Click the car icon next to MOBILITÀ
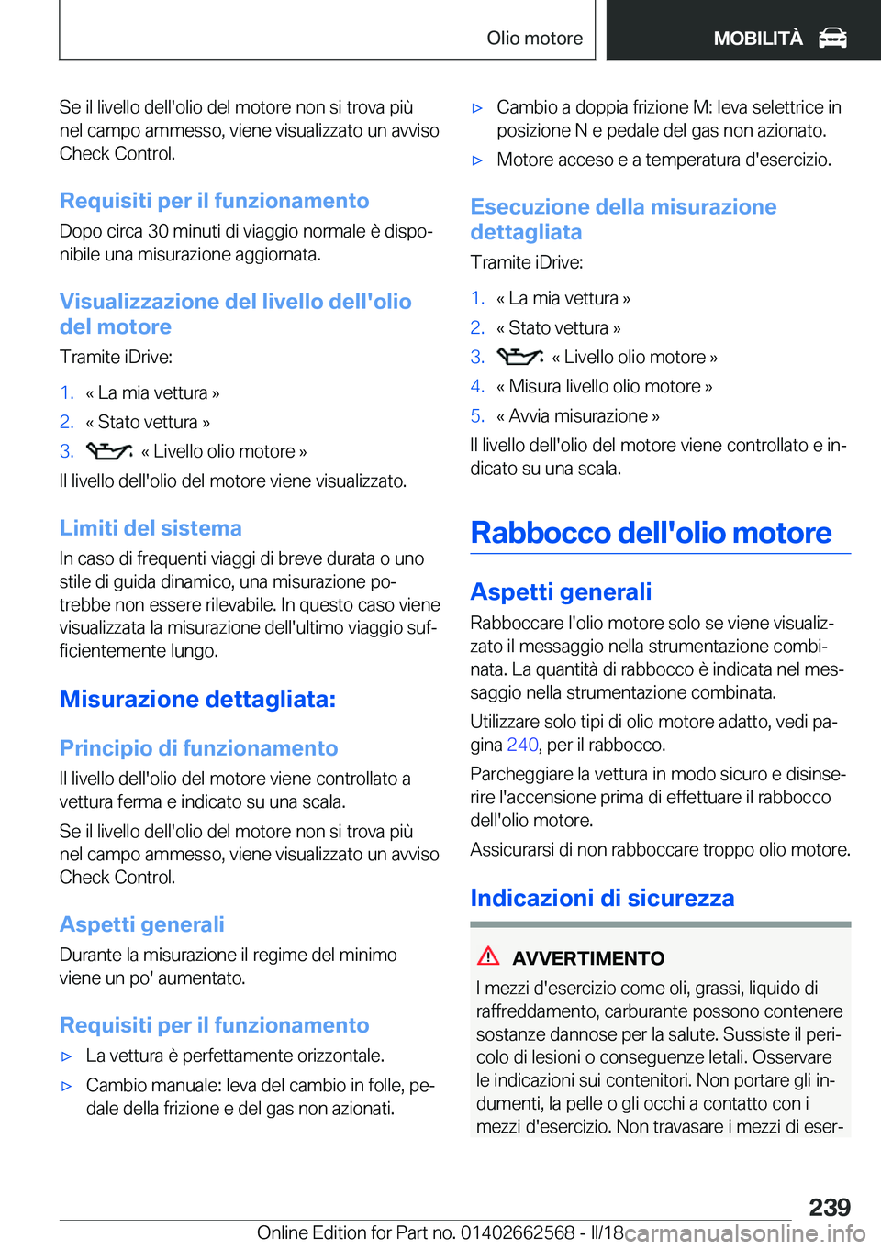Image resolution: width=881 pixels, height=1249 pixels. tap(832, 38)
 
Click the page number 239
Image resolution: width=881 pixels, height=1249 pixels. tap(830, 1207)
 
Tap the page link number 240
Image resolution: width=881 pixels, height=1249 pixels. tap(522, 745)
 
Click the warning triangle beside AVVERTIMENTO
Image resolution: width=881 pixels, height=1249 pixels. tap(488, 956)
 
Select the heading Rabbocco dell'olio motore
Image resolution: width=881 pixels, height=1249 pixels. tap(651, 533)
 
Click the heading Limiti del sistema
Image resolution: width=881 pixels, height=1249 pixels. tap(151, 528)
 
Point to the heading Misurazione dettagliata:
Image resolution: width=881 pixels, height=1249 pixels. tap(197, 699)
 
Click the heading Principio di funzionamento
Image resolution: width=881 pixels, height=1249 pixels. tap(198, 748)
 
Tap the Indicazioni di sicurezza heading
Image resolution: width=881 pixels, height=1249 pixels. tap(602, 898)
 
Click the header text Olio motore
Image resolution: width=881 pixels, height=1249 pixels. tap(534, 38)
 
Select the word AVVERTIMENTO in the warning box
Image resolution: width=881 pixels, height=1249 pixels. tap(588, 958)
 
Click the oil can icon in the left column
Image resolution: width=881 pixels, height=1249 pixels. tap(109, 451)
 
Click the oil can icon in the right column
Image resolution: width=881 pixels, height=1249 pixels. tap(520, 357)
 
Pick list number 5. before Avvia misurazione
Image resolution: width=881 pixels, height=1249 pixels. tap(477, 416)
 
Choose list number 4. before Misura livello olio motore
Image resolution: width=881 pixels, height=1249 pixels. tap(477, 387)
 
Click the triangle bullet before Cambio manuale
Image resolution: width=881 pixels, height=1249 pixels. tap(66, 1086)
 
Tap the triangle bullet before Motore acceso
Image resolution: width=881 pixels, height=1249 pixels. tap(477, 160)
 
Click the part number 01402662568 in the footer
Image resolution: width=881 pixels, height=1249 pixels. tap(518, 1232)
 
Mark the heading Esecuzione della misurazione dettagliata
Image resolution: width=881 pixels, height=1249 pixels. tap(623, 219)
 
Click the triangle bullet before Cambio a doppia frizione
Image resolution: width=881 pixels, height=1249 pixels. tap(477, 108)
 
